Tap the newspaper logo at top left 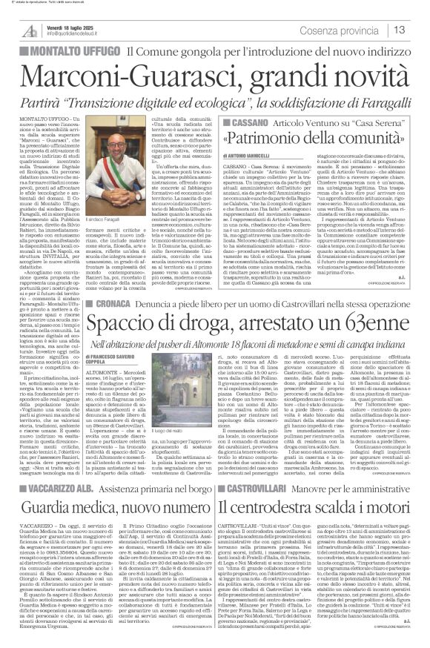pos(30,30)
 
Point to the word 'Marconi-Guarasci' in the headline pos(125,76)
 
